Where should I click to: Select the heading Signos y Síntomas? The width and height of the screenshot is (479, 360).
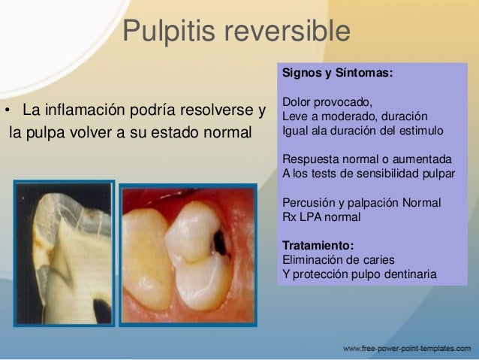[336, 74]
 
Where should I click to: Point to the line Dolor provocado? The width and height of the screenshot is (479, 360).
[327, 102]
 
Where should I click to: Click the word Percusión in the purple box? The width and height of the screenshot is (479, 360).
[307, 204]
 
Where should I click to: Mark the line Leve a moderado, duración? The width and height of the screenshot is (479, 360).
[355, 116]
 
